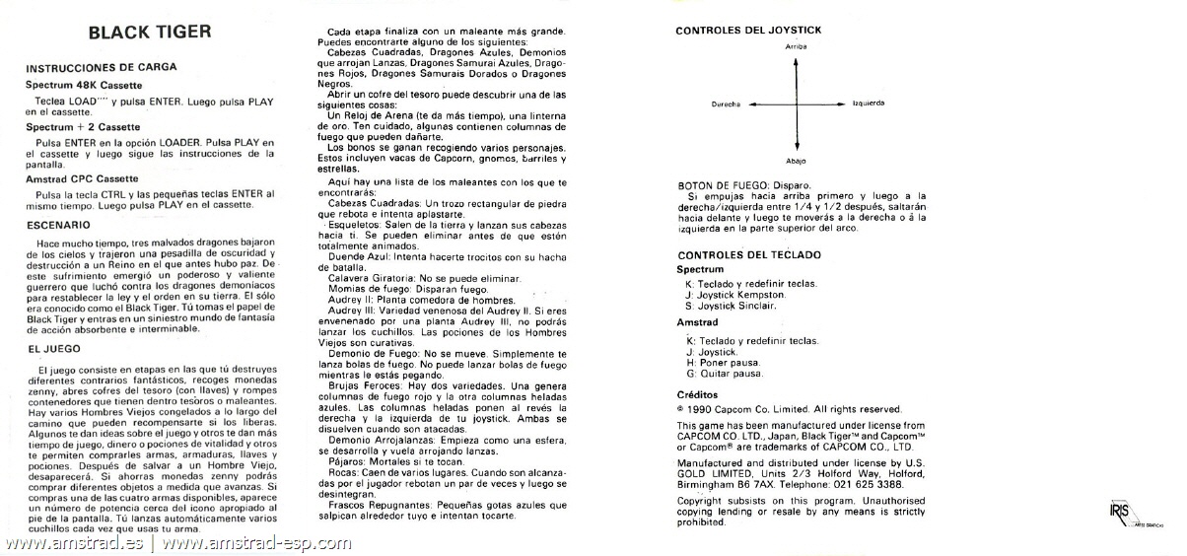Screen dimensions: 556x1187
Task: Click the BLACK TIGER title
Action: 150,32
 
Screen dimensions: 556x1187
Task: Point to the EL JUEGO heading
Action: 53,349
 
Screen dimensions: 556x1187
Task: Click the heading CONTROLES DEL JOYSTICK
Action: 748,31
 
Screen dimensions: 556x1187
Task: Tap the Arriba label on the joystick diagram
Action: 797,46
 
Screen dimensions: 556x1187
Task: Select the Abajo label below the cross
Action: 797,160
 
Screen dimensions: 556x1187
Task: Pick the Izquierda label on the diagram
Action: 868,103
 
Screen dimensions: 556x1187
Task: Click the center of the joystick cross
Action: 797,103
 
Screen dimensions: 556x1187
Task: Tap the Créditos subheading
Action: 697,392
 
